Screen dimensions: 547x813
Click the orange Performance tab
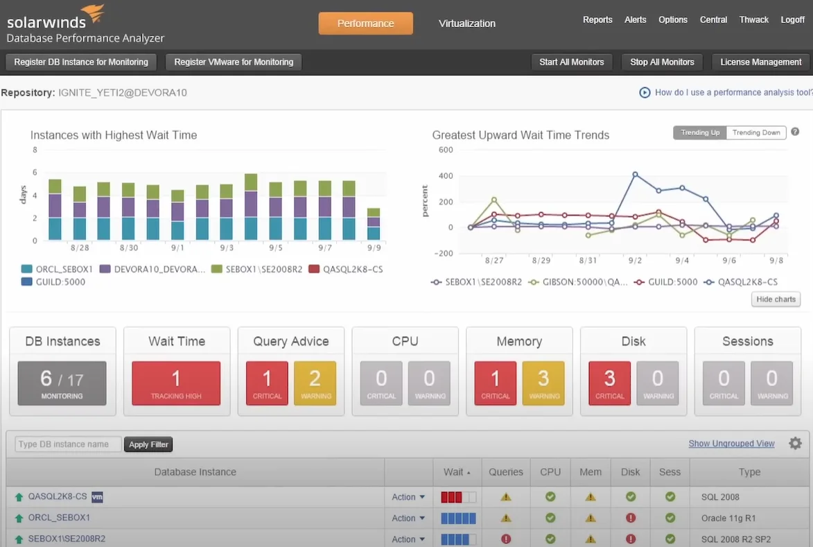[365, 24]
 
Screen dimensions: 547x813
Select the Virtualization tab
[466, 24]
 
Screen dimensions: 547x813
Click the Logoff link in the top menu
[792, 20]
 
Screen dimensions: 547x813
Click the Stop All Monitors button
[662, 62]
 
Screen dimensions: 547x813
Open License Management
[760, 62]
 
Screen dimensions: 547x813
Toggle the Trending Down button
[756, 132]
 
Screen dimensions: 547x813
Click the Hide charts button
[776, 299]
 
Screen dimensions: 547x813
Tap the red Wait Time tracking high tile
[176, 383]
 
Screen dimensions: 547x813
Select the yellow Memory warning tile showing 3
[543, 383]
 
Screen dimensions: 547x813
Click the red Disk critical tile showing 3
[609, 383]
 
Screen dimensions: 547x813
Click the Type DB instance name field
[68, 444]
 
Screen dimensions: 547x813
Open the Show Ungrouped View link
[731, 444]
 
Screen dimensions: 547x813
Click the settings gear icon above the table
[795, 444]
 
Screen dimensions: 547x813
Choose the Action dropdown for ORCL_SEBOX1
[408, 518]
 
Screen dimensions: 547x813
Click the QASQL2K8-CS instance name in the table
[58, 497]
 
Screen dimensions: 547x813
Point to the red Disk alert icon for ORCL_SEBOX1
[631, 518]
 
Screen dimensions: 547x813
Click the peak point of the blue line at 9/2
[635, 175]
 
